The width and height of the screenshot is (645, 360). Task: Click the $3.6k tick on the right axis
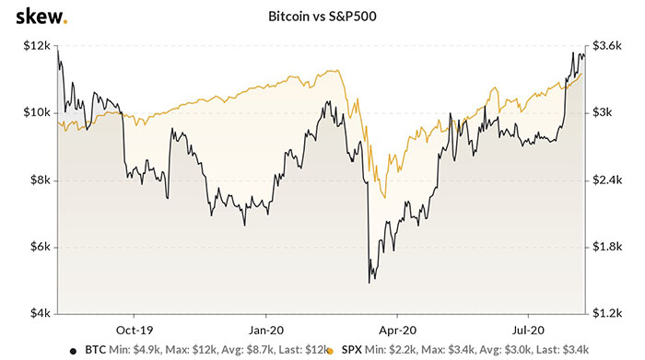pos(609,45)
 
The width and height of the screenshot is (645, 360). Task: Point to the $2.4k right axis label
pos(609,180)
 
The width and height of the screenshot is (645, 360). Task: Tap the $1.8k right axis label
pos(609,248)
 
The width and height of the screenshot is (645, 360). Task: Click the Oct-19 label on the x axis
pos(135,329)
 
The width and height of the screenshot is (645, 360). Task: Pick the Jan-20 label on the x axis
pos(266,329)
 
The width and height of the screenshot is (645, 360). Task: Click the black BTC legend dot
pos(73,350)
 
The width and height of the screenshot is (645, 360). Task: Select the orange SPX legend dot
pos(328,350)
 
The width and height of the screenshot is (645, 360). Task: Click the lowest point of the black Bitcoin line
pos(369,282)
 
